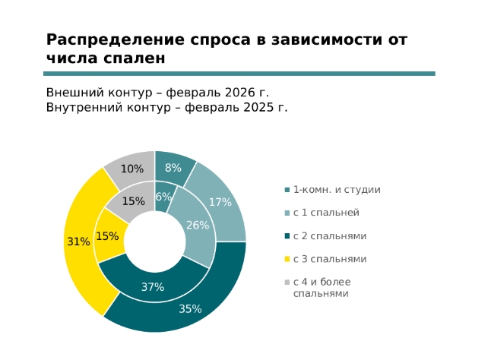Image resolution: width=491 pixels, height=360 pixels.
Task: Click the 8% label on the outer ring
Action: [x=173, y=168]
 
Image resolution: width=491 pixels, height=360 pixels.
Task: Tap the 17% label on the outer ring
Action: [x=220, y=202]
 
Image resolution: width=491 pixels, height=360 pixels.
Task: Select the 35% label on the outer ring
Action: [x=190, y=309]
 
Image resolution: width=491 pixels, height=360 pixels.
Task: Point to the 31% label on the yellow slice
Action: [x=78, y=242]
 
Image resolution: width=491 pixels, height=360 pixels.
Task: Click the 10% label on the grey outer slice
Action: [x=132, y=169]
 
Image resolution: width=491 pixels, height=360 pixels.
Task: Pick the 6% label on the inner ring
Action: [x=163, y=197]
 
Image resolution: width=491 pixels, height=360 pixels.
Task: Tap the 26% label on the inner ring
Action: [x=198, y=225]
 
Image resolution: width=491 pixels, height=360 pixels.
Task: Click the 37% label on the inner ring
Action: [x=153, y=287]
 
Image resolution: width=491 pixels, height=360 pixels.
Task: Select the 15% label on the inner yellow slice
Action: [x=107, y=236]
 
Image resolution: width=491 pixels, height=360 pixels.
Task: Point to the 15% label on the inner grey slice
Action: [x=133, y=201]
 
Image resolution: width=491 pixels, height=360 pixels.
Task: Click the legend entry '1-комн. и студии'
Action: [x=337, y=190]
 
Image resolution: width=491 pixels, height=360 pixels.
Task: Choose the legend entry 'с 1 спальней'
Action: [x=326, y=213]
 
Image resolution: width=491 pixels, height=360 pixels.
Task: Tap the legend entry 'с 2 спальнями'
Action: [x=330, y=236]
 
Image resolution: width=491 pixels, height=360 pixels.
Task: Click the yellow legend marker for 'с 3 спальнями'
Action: [x=287, y=259]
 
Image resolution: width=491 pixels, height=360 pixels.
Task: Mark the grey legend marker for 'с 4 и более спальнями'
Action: [x=287, y=283]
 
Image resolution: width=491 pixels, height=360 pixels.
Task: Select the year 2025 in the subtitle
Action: [x=260, y=107]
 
